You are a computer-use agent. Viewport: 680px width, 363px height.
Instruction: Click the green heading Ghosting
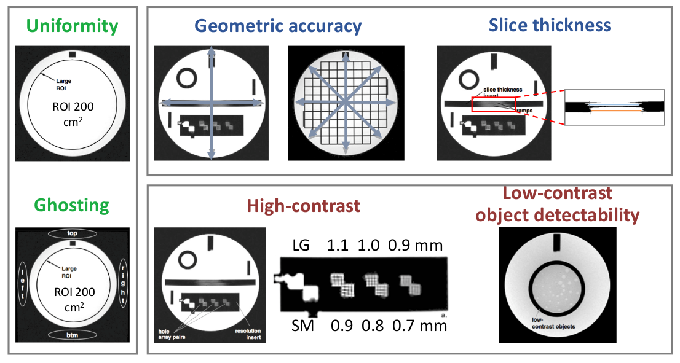point(73,205)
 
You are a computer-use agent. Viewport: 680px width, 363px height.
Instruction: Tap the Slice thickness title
point(550,25)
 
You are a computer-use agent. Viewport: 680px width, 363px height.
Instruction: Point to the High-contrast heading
point(303,206)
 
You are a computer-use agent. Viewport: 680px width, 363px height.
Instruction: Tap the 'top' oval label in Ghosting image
point(73,233)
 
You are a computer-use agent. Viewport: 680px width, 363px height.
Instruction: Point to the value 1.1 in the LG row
point(338,246)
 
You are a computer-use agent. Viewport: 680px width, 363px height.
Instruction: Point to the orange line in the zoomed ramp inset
point(616,112)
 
